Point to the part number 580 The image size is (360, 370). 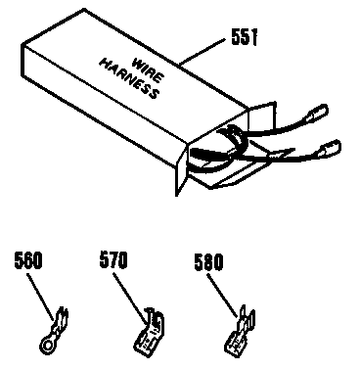tap(208, 261)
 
